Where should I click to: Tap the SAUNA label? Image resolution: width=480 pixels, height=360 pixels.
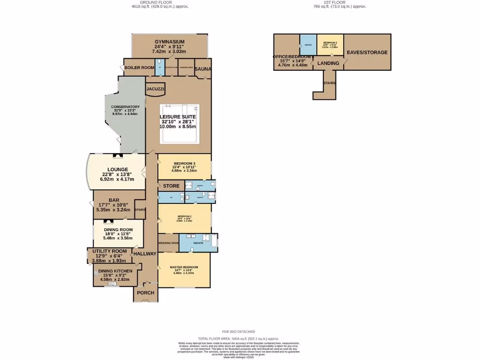(203, 69)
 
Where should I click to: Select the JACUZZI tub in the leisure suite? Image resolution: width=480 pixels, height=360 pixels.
(155, 89)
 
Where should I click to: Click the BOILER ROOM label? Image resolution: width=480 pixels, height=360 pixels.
(139, 68)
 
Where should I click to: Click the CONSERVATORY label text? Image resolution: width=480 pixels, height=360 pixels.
(125, 107)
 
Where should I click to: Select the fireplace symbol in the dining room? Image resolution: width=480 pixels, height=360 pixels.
(107, 222)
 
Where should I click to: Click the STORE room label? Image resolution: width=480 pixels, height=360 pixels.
(172, 186)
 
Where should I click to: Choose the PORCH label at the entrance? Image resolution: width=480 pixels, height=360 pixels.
(146, 293)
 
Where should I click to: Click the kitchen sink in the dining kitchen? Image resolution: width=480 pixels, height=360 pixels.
(112, 283)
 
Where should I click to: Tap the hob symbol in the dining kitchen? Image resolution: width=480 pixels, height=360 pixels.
(96, 273)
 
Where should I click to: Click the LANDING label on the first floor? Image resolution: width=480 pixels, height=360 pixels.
(328, 63)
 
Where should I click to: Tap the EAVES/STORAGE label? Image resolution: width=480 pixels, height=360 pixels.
(367, 52)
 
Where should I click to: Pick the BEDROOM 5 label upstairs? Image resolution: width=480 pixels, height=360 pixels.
(330, 43)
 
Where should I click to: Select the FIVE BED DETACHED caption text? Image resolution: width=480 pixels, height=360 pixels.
(240, 332)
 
